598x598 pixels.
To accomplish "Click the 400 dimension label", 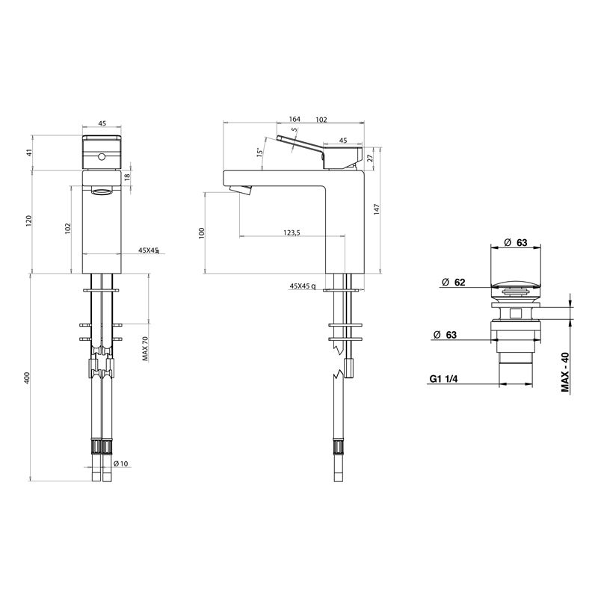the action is click(27, 377).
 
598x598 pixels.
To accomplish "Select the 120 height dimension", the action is click(29, 221).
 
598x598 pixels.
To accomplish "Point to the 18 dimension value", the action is click(128, 176).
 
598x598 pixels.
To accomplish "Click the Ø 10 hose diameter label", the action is click(121, 463).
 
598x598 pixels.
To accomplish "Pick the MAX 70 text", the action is click(145, 348).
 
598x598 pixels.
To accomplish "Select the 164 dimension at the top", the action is click(295, 119).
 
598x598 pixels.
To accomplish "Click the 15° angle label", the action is click(259, 152).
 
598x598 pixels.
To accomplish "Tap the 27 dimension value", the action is click(369, 158).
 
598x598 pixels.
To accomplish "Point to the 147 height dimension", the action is click(377, 211).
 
